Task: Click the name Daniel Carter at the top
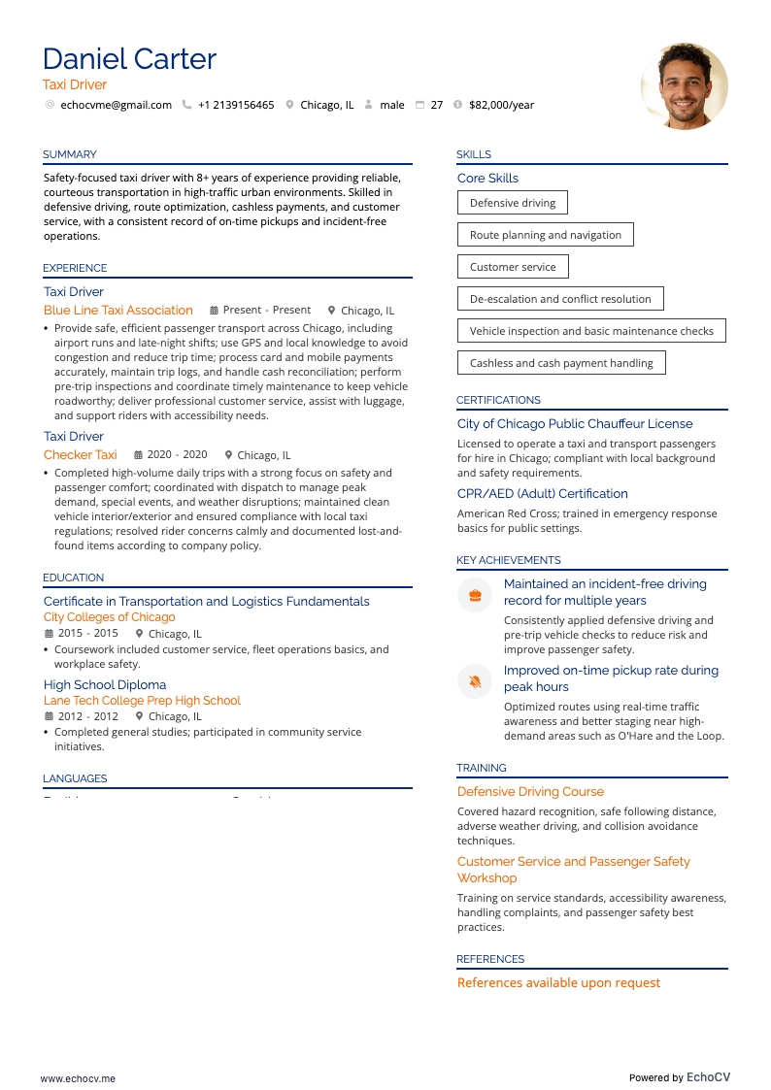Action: pyautogui.click(x=129, y=59)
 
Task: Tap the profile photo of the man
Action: pyautogui.click(x=685, y=85)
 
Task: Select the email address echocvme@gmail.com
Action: pyautogui.click(x=116, y=105)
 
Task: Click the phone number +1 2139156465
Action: pyautogui.click(x=236, y=105)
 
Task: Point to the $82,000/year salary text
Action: pyautogui.click(x=501, y=105)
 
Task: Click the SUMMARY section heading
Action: pyautogui.click(x=70, y=154)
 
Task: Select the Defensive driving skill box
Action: pyautogui.click(x=513, y=203)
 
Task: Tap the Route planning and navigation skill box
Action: pyautogui.click(x=545, y=235)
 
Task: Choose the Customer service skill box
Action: pyautogui.click(x=513, y=267)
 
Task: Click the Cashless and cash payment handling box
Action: pyautogui.click(x=561, y=363)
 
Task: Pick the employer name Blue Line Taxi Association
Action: pyautogui.click(x=118, y=311)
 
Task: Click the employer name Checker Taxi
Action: pyautogui.click(x=81, y=454)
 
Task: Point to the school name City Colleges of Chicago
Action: pyautogui.click(x=110, y=617)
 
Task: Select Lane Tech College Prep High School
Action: pyautogui.click(x=142, y=701)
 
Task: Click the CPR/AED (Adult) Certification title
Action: pyautogui.click(x=543, y=494)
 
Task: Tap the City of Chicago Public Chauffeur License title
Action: pyautogui.click(x=575, y=424)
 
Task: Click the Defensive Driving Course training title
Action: pyautogui.click(x=530, y=792)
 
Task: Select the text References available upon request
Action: pyautogui.click(x=558, y=983)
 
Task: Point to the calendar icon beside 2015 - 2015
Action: pyautogui.click(x=49, y=634)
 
